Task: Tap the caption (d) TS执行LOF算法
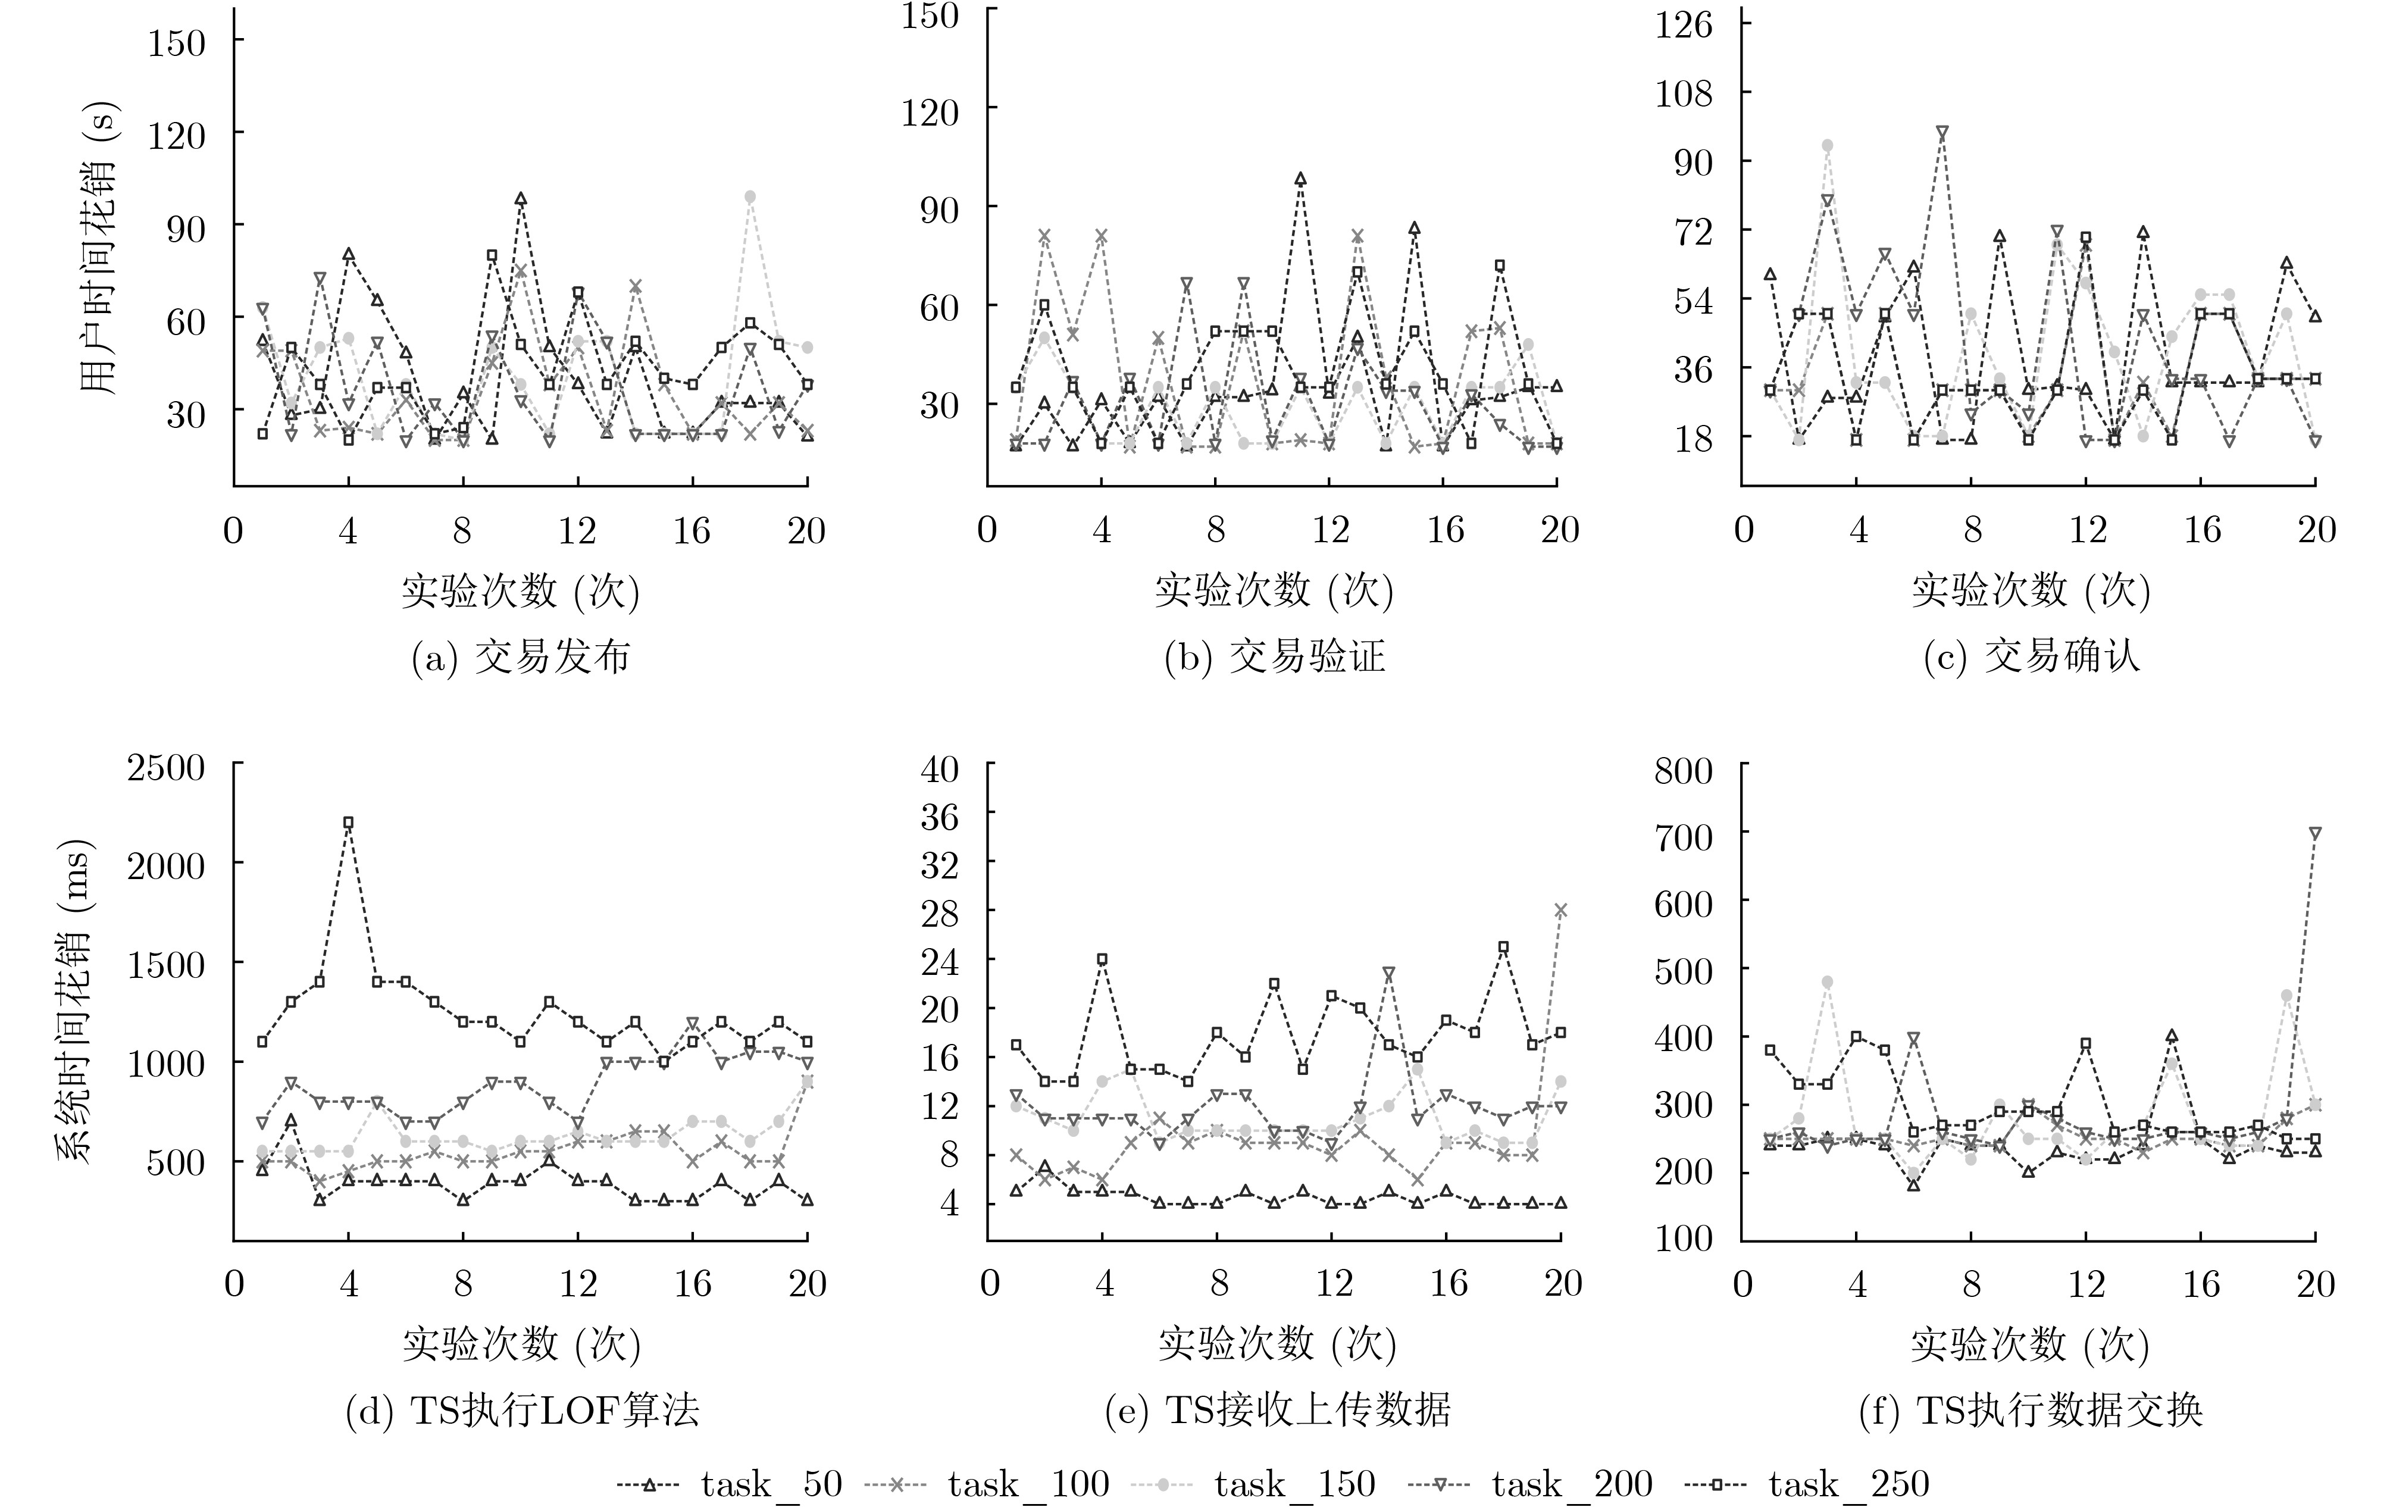(522, 1411)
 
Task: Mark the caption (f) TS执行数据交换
(2031, 1411)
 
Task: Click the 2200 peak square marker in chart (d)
(348, 822)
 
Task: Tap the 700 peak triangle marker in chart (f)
(2316, 834)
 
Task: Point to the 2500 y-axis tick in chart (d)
(166, 767)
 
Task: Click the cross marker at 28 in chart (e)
(1560, 909)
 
